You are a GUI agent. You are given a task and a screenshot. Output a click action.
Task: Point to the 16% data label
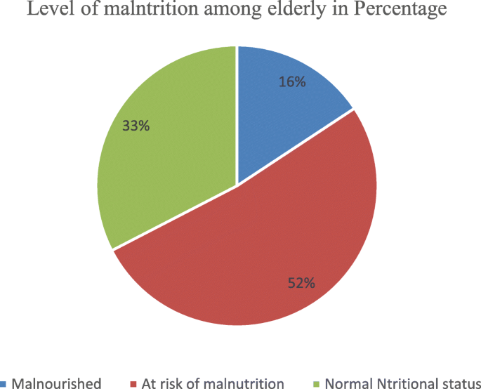tap(291, 82)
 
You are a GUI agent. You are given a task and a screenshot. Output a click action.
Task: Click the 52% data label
tap(301, 283)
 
